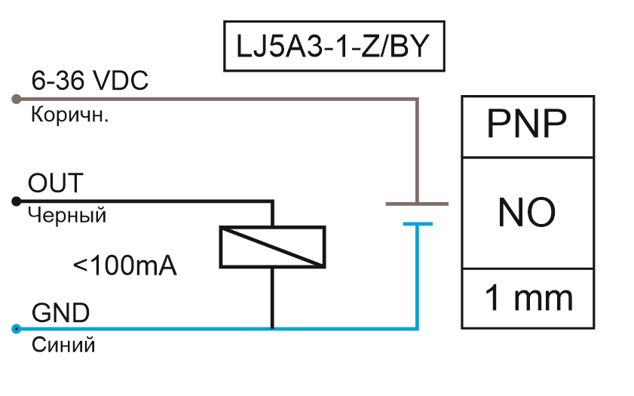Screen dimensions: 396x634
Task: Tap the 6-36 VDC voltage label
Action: click(x=89, y=81)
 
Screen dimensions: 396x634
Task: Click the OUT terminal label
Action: click(x=55, y=183)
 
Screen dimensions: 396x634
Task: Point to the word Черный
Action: click(x=67, y=216)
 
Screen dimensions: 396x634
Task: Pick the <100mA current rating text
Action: click(x=125, y=266)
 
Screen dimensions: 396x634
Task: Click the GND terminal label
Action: click(x=60, y=312)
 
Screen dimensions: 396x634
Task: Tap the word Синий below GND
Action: click(x=63, y=345)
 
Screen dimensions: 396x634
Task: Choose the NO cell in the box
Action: click(x=526, y=213)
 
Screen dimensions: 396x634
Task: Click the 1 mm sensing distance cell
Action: click(x=526, y=298)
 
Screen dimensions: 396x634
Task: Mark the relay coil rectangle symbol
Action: click(x=272, y=247)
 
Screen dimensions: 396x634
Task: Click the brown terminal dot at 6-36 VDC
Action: click(x=16, y=99)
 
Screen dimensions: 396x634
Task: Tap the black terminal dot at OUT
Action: click(x=16, y=201)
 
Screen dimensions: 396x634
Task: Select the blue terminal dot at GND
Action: click(x=16, y=329)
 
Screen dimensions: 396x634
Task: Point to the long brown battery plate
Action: click(x=417, y=204)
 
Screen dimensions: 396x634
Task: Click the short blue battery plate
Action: click(x=417, y=223)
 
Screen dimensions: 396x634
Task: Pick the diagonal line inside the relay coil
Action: click(x=272, y=247)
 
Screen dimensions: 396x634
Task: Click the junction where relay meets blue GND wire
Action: click(x=272, y=329)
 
